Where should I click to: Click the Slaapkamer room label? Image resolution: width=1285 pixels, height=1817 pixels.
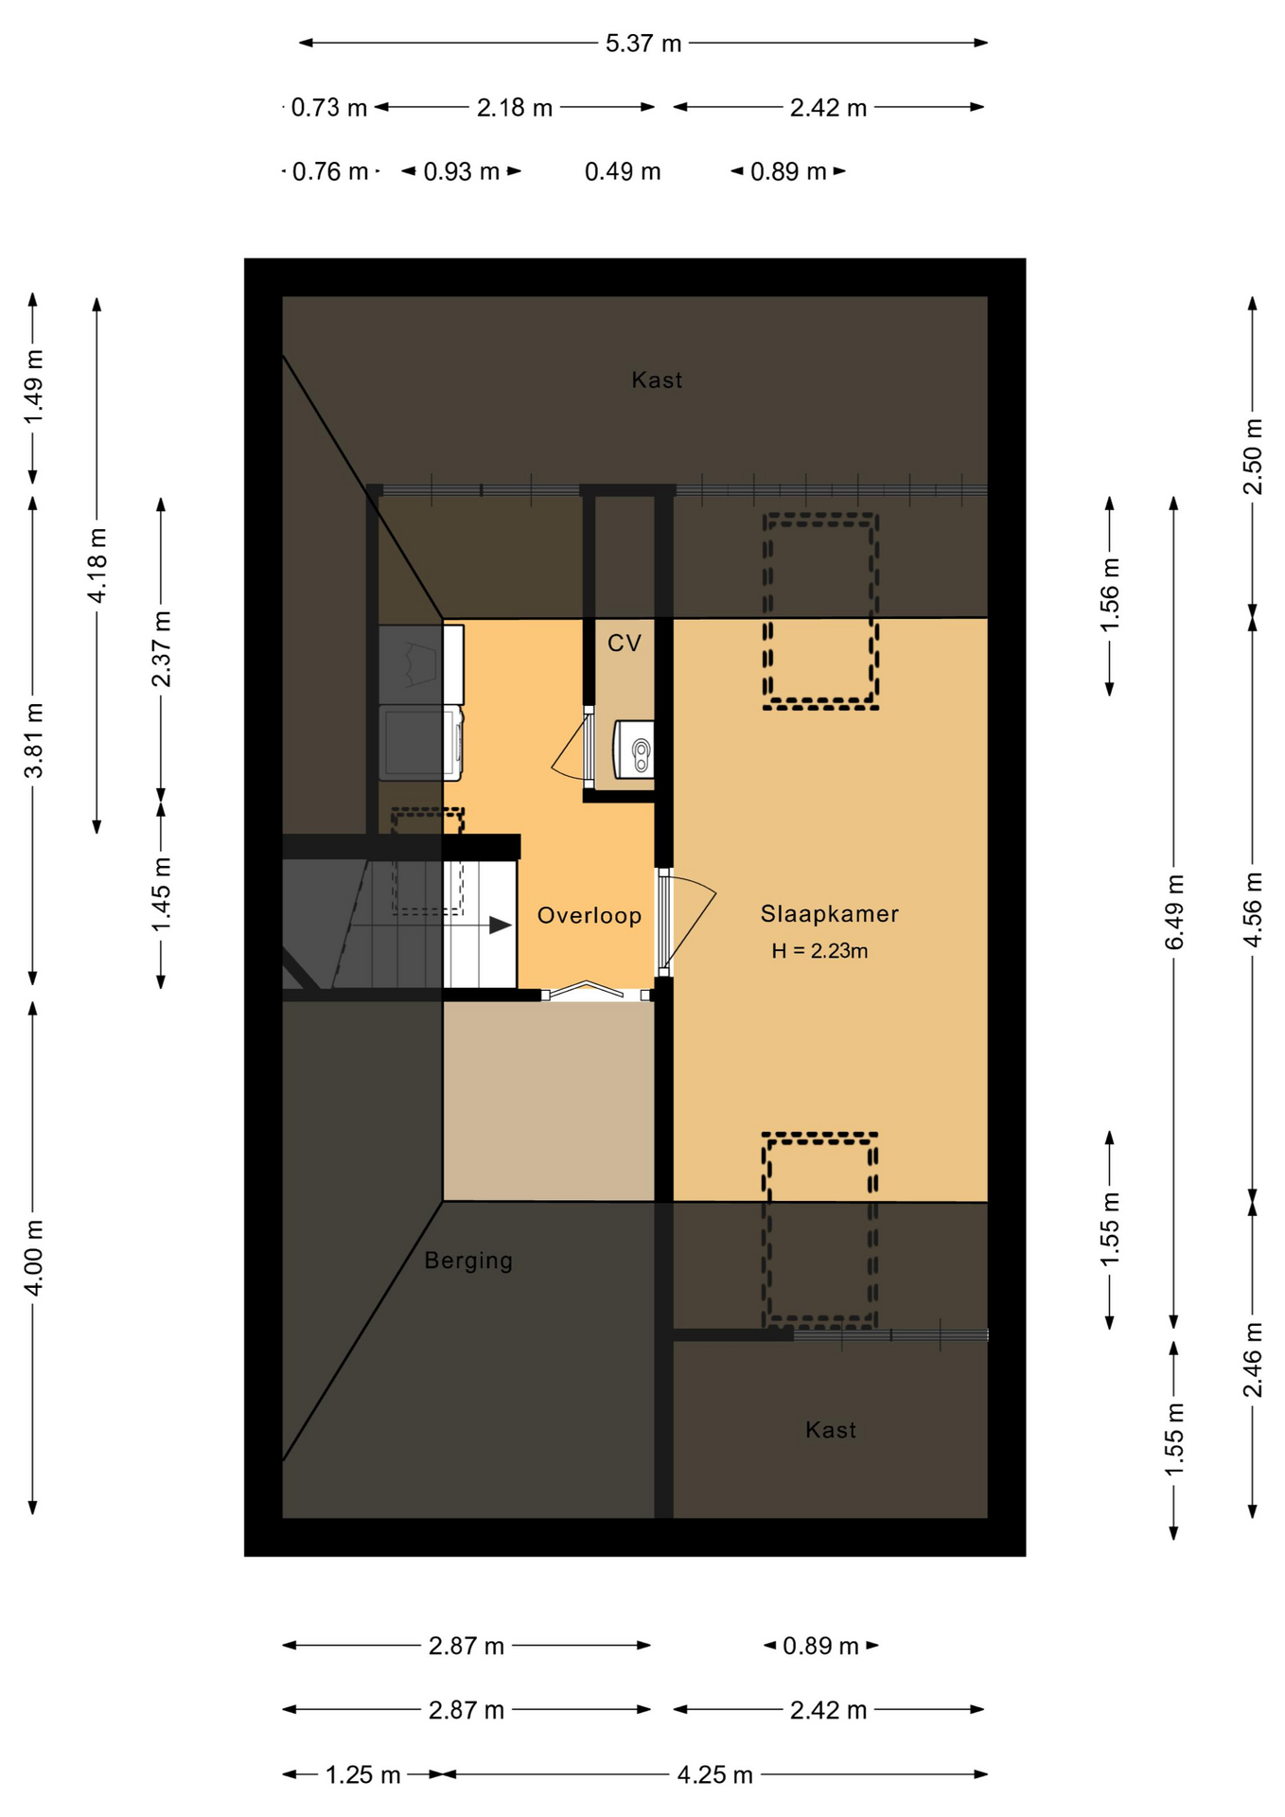click(829, 913)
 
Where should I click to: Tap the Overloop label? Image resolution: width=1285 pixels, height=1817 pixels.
click(590, 915)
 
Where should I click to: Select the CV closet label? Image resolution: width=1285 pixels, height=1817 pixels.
click(625, 644)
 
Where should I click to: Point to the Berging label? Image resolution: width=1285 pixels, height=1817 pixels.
click(468, 1261)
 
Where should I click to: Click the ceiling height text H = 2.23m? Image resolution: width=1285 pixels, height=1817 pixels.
click(819, 951)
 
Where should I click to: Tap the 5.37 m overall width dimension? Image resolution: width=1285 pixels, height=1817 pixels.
click(643, 44)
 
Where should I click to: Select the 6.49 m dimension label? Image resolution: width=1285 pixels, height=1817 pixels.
click(1174, 912)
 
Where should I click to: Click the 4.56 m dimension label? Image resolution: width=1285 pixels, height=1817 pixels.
click(1253, 909)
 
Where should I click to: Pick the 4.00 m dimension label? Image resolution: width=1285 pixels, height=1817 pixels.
click(33, 1259)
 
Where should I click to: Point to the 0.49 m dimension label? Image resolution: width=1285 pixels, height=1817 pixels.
click(623, 171)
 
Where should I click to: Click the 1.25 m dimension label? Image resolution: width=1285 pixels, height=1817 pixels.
click(363, 1774)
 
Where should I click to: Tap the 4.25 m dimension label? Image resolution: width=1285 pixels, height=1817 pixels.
click(715, 1774)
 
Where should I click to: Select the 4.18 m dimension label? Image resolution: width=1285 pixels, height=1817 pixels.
click(97, 565)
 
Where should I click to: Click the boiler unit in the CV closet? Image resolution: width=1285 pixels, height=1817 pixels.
click(634, 750)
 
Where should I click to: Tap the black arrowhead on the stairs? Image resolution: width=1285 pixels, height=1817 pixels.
click(500, 925)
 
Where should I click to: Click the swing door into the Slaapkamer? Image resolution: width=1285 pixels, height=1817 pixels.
click(686, 923)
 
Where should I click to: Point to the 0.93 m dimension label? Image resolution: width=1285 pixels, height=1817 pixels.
click(462, 171)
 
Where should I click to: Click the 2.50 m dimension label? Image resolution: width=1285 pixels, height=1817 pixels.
click(1253, 456)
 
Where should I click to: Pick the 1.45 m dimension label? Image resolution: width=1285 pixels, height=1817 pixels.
click(162, 894)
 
